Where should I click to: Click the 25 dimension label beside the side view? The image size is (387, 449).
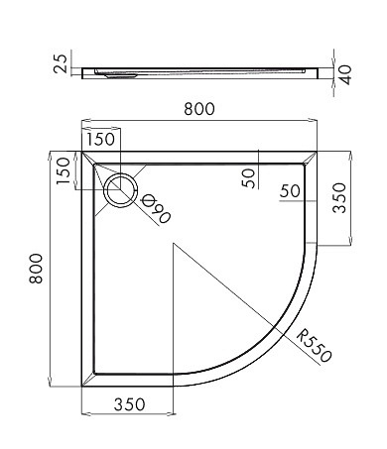coord(61,62)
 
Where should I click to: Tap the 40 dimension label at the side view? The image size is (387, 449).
coord(345,74)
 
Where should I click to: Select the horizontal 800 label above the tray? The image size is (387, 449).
coord(199,109)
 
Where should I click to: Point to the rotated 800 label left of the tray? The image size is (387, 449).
coord(36,269)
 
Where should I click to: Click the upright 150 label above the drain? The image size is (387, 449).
coord(100,139)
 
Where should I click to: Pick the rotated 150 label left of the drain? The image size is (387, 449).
coord(64,170)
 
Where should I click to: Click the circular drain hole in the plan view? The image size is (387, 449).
coord(120,190)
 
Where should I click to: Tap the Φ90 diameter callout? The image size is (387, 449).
coord(156,208)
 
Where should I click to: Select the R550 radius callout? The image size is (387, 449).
coord(314,346)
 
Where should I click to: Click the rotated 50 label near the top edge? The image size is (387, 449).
coord(248,178)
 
